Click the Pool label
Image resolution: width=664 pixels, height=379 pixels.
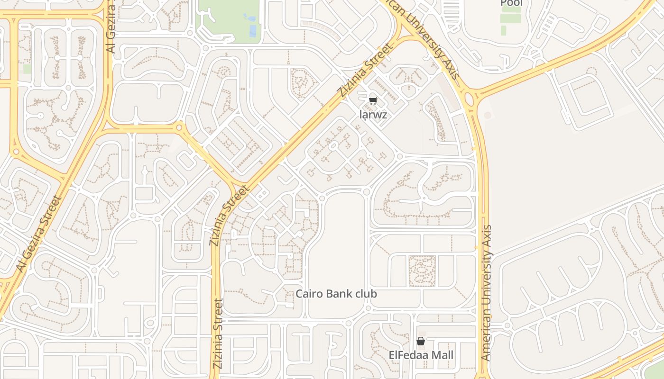click(511, 3)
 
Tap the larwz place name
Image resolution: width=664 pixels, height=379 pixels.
click(373, 115)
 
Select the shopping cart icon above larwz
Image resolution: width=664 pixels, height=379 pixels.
click(373, 100)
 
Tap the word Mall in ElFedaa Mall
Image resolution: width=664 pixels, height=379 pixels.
click(439, 355)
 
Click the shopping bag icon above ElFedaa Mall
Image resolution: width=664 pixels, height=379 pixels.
click(420, 341)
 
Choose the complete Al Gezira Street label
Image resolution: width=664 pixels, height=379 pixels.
click(39, 234)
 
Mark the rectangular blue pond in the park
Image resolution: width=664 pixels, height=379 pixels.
click(253, 31)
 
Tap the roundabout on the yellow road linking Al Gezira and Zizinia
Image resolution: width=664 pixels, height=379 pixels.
click(179, 127)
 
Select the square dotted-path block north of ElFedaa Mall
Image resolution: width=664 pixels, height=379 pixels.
click(422, 271)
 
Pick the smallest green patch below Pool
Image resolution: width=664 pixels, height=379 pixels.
click(503, 30)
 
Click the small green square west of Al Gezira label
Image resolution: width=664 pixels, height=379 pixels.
click(28, 69)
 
